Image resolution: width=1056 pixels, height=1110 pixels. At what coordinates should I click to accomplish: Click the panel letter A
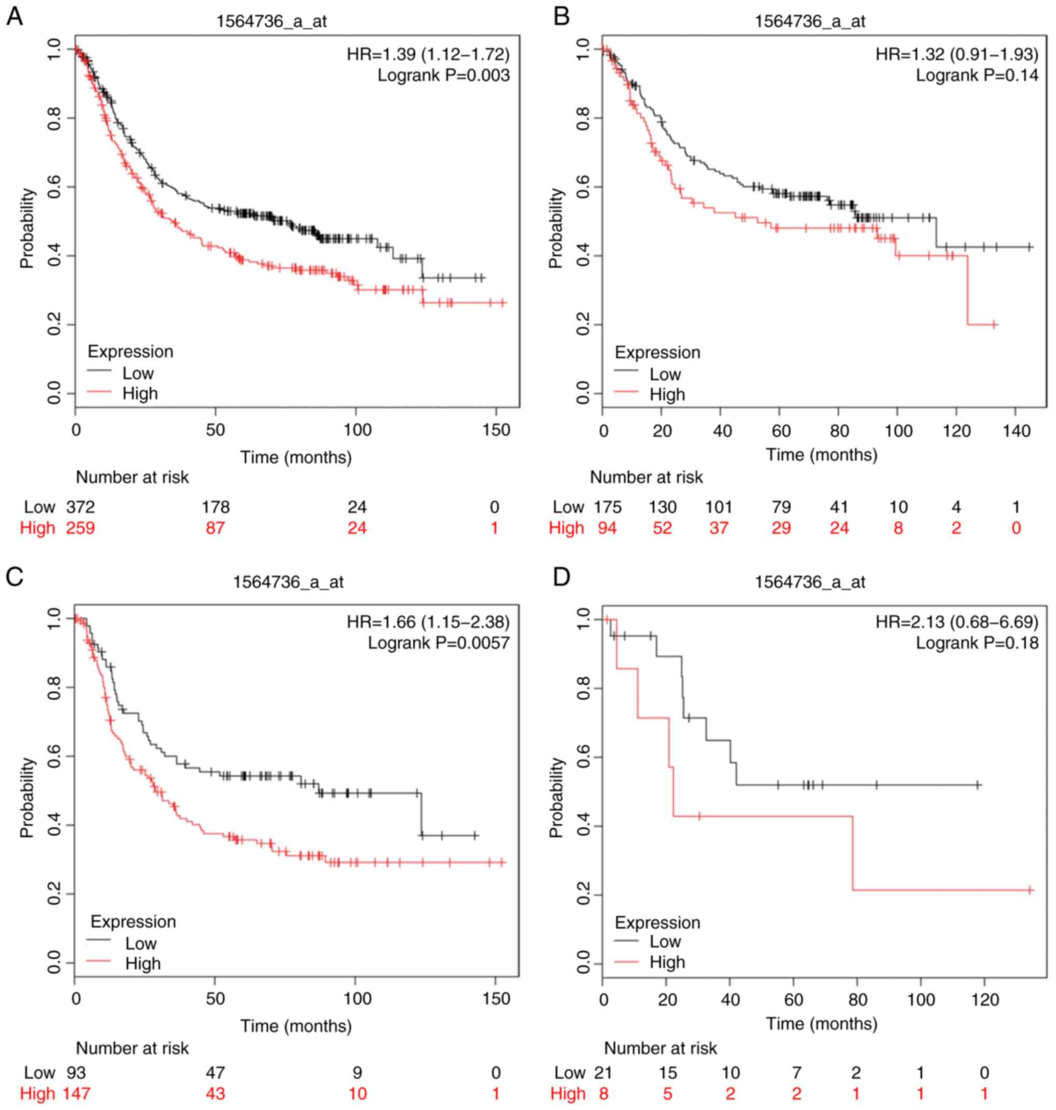[x=15, y=16]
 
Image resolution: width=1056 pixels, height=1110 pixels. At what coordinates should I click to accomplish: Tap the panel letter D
[x=562, y=577]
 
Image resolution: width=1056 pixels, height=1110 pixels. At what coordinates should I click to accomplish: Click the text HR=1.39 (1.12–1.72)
[x=428, y=54]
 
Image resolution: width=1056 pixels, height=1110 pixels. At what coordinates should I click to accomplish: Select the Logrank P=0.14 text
[x=976, y=75]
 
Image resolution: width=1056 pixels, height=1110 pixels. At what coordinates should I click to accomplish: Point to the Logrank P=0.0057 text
[x=439, y=642]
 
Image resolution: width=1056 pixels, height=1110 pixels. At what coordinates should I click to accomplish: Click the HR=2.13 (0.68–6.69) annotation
[x=956, y=622]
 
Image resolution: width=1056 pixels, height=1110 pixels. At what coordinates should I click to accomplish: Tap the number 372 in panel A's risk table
[x=81, y=507]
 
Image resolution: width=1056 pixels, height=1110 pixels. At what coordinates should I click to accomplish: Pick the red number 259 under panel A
[x=81, y=528]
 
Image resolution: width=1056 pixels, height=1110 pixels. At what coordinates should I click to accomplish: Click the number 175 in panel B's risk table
[x=608, y=507]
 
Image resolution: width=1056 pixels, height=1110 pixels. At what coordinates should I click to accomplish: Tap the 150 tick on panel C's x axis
[x=496, y=999]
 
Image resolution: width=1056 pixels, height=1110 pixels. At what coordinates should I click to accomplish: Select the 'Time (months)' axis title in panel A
[x=296, y=457]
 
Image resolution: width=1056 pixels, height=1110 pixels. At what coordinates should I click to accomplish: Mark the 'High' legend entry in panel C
[x=143, y=963]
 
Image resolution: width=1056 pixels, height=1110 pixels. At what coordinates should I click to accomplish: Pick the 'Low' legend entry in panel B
[x=665, y=374]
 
